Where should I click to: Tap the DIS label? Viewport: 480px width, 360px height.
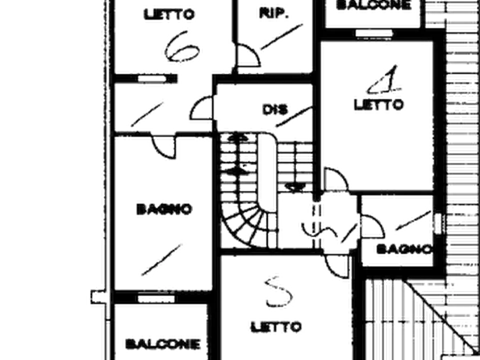click(x=275, y=110)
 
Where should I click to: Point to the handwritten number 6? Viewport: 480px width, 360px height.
click(x=182, y=47)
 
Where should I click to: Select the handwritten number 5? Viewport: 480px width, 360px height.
click(x=278, y=292)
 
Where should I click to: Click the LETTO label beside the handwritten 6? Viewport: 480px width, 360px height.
click(x=169, y=14)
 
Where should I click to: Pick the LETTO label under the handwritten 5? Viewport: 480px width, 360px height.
click(x=276, y=327)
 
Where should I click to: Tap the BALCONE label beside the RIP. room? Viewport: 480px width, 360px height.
click(x=374, y=5)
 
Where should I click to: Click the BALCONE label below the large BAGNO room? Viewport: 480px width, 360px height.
click(x=163, y=344)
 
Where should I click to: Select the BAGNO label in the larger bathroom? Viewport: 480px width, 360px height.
click(x=164, y=210)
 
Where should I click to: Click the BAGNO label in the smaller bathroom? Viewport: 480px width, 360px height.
click(x=404, y=249)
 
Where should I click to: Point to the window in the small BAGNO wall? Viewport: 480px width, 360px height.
click(x=438, y=223)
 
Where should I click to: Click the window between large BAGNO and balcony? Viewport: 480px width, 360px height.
click(x=156, y=298)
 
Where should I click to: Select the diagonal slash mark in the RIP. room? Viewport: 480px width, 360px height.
click(x=282, y=37)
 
